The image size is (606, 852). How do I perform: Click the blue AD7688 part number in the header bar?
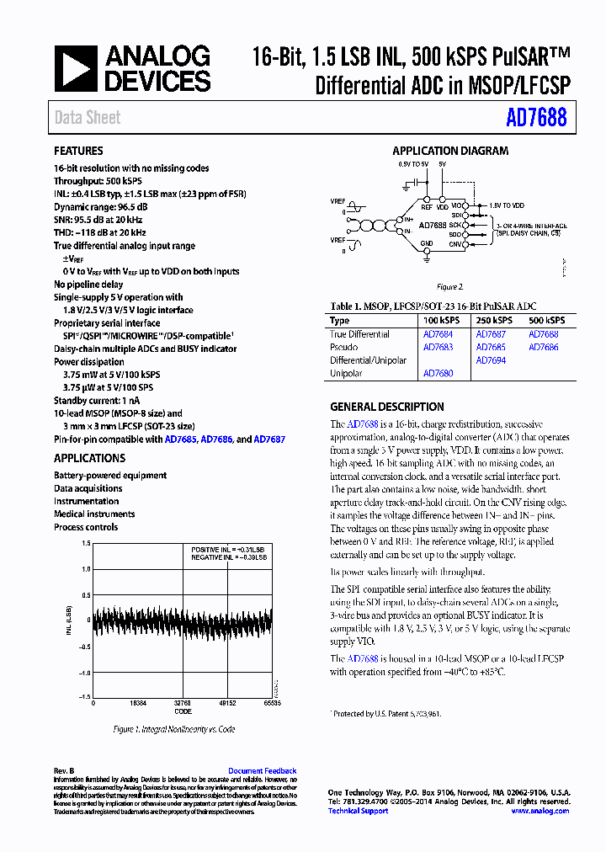(x=536, y=118)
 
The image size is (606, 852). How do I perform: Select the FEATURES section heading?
(x=79, y=152)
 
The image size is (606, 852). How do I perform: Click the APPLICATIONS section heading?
(x=89, y=459)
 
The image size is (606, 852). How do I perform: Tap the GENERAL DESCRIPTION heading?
(x=386, y=407)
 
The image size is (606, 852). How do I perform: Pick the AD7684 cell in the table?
(x=437, y=334)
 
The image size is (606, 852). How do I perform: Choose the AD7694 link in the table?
(x=491, y=359)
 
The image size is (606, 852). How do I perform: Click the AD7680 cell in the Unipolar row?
(x=437, y=373)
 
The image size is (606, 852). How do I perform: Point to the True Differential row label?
(x=359, y=334)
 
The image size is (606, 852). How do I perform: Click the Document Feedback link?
(x=263, y=771)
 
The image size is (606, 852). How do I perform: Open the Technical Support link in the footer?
(x=358, y=811)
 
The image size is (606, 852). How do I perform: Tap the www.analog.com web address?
(x=540, y=811)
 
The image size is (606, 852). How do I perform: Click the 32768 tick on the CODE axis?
(x=182, y=702)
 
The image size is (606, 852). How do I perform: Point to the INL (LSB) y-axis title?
(x=69, y=620)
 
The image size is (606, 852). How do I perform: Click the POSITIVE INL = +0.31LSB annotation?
(x=228, y=549)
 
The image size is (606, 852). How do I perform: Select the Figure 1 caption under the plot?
(x=174, y=729)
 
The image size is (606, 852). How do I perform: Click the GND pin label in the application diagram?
(x=427, y=244)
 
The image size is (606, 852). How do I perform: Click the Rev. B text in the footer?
(x=65, y=771)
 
